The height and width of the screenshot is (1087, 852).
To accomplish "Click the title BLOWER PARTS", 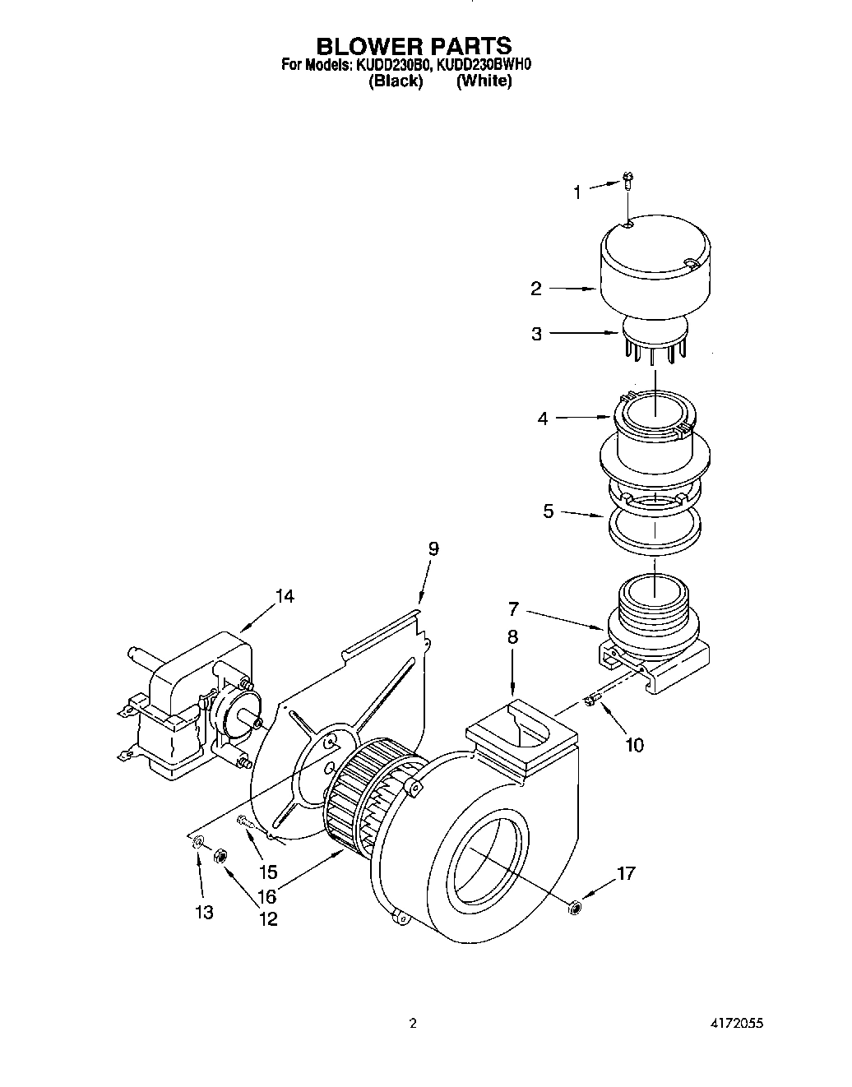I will pyautogui.click(x=414, y=45).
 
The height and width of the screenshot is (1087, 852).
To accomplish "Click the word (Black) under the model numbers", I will pyautogui.click(x=396, y=81).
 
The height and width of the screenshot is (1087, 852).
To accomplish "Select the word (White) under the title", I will pyautogui.click(x=484, y=81).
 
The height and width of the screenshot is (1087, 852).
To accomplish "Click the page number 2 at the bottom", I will pyautogui.click(x=414, y=1025).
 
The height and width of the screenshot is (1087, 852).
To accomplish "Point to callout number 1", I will pyautogui.click(x=577, y=192).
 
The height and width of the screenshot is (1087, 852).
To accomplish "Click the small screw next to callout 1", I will pyautogui.click(x=629, y=179).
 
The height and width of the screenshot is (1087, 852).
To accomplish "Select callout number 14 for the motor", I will pyautogui.click(x=285, y=596).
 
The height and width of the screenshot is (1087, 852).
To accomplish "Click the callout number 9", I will pyautogui.click(x=433, y=548).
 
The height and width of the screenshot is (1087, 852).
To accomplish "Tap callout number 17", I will pyautogui.click(x=626, y=873).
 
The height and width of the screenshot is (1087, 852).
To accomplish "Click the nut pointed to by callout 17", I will pyautogui.click(x=573, y=906).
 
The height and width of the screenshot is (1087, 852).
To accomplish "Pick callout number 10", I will pyautogui.click(x=634, y=745).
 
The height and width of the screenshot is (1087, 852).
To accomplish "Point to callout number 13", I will pyautogui.click(x=204, y=912).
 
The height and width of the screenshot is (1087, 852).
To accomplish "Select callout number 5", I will pyautogui.click(x=549, y=511).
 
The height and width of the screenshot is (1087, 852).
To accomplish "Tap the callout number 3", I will pyautogui.click(x=536, y=334).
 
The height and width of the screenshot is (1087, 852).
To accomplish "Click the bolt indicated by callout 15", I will pyautogui.click(x=244, y=820).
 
